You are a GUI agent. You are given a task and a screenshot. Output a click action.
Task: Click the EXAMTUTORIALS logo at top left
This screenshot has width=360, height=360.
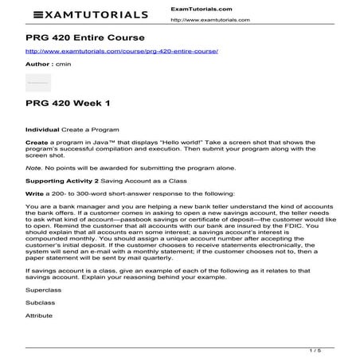tap(91, 14)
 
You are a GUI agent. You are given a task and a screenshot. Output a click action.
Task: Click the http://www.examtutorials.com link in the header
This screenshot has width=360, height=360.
tap(209, 19)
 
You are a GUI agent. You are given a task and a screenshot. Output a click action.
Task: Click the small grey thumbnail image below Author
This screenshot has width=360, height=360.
tap(38, 82)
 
